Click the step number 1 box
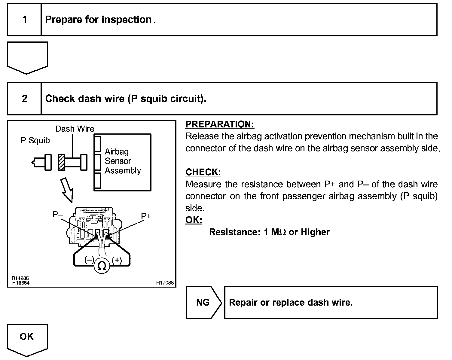pyautogui.click(x=24, y=20)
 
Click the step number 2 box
pyautogui.click(x=24, y=99)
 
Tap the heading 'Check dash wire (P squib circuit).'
pyautogui.click(x=126, y=99)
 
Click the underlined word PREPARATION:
pyautogui.click(x=220, y=124)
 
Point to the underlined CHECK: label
pyautogui.click(x=203, y=172)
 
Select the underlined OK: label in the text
pyautogui.click(x=194, y=220)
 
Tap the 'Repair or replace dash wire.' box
pyautogui.click(x=331, y=302)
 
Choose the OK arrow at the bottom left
pyautogui.click(x=27, y=338)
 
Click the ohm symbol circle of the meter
pyautogui.click(x=102, y=266)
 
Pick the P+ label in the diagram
pyautogui.click(x=146, y=216)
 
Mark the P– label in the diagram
pyautogui.click(x=57, y=214)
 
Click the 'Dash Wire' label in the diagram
pyautogui.click(x=75, y=129)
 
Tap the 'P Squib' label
pyautogui.click(x=35, y=141)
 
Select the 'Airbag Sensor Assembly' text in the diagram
pyautogui.click(x=123, y=161)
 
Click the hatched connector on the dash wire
pyautogui.click(x=62, y=162)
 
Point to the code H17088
pyautogui.click(x=165, y=283)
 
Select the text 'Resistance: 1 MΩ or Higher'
pyautogui.click(x=269, y=232)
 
